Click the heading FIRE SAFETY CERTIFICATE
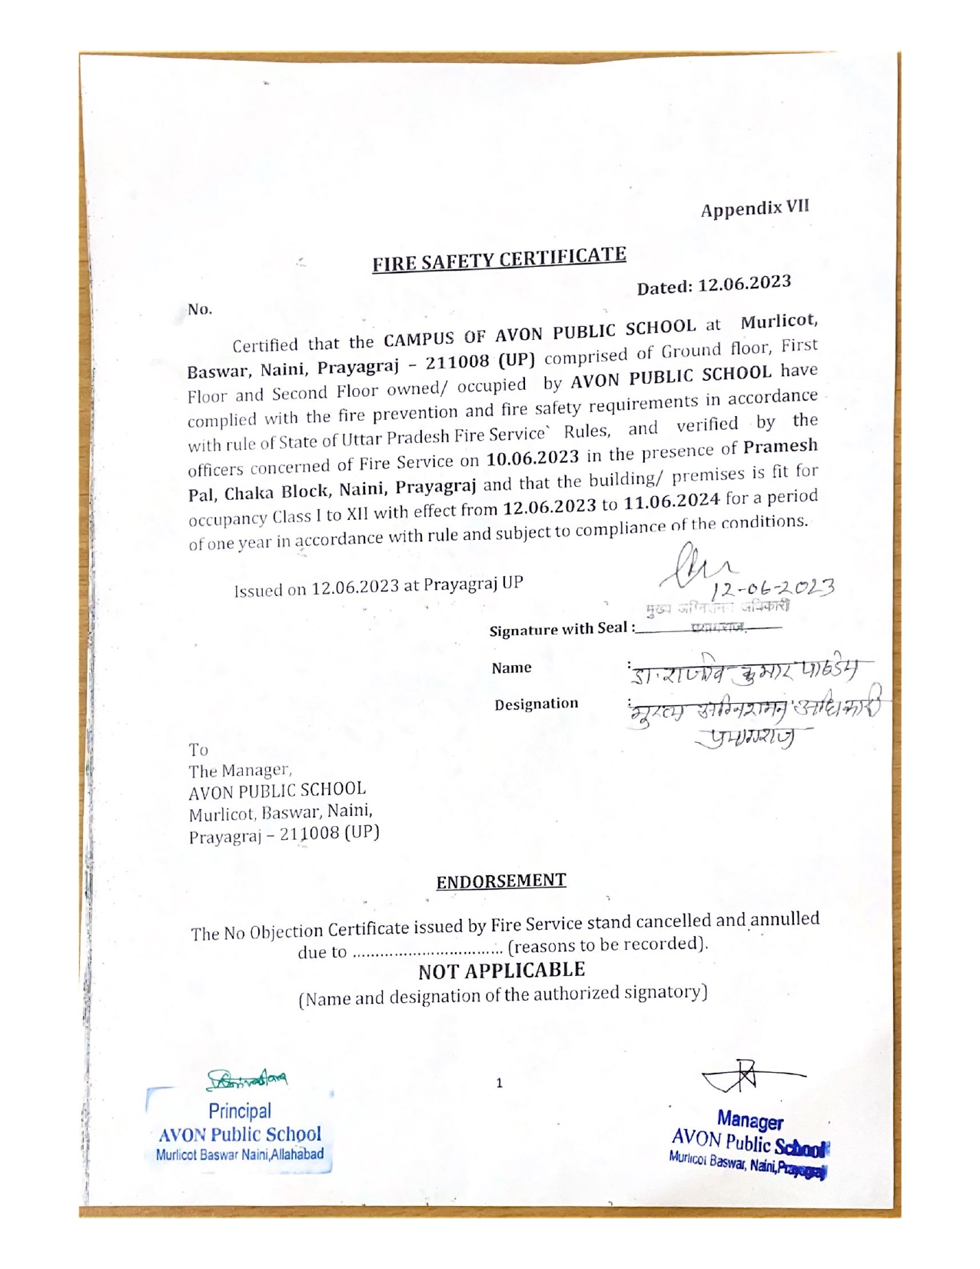[x=500, y=259]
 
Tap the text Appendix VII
[x=755, y=208]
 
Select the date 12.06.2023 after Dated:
[x=744, y=284]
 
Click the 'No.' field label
[x=200, y=309]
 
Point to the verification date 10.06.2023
[x=533, y=458]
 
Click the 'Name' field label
[x=512, y=668]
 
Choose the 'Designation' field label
[x=537, y=704]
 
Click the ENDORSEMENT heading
[x=501, y=881]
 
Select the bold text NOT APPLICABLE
[x=501, y=971]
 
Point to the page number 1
[x=499, y=1084]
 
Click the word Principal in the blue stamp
[x=240, y=1111]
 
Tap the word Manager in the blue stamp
[x=750, y=1119]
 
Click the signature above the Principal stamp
[x=247, y=1081]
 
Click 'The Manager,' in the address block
[x=240, y=770]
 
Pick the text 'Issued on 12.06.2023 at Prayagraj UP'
[x=378, y=586]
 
